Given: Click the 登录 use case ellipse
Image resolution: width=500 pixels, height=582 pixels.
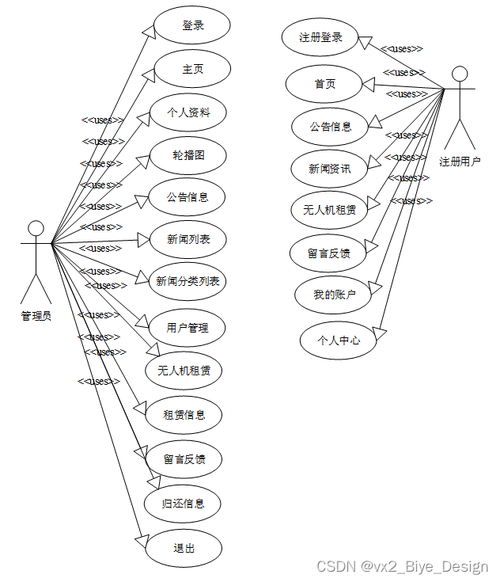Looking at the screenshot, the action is [192, 25].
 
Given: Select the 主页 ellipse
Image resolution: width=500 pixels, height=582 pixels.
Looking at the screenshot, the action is [192, 69].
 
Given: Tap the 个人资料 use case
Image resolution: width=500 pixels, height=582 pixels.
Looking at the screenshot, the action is [188, 112].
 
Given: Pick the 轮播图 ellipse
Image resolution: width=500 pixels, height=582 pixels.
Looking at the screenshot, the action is [188, 155].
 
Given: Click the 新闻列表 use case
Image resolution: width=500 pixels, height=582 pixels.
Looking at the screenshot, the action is [188, 239].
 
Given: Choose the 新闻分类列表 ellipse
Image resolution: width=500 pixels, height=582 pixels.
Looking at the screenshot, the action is [187, 281].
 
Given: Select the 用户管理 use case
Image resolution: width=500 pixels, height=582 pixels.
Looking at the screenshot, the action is [187, 327].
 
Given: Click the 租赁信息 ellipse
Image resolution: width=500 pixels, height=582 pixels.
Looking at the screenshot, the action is [184, 414].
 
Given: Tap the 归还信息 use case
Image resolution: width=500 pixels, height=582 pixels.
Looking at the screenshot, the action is [183, 504].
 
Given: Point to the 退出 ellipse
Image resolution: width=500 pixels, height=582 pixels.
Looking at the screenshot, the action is [184, 548].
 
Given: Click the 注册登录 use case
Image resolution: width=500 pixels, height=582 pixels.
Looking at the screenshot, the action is [320, 38].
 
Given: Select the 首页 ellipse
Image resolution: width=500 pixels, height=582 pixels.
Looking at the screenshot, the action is [324, 84].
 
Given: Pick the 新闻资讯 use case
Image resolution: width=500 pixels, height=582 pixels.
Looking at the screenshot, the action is [330, 169].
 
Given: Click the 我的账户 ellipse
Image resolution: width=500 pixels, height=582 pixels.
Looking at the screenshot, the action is [335, 295].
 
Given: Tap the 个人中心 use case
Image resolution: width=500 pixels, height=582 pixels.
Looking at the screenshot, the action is [339, 340].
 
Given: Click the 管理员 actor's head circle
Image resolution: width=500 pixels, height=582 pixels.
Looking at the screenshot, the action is [36, 229].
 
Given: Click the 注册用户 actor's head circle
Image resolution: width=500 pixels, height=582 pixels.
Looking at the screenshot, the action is [460, 74].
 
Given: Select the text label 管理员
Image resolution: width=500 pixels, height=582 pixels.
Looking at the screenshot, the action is [36, 316].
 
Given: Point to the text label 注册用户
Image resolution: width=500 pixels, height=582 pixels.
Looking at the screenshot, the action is [460, 162].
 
